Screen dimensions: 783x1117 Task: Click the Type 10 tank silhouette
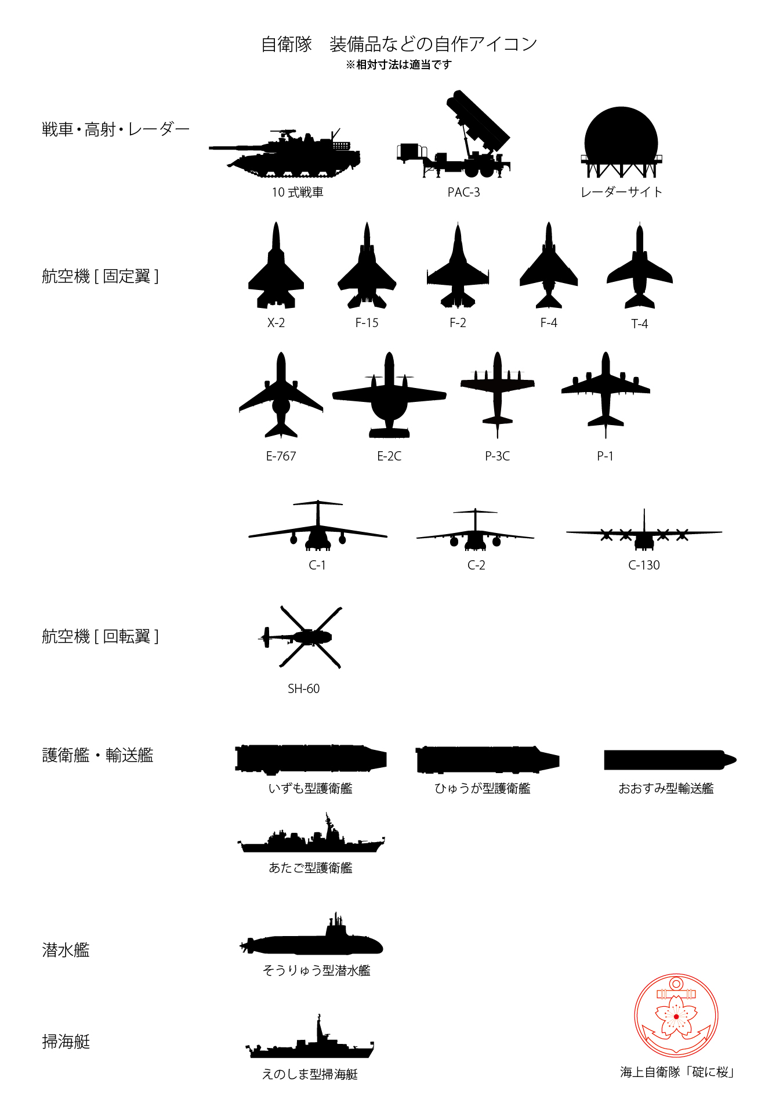pos(284,154)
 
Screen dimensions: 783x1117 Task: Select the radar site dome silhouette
pos(621,142)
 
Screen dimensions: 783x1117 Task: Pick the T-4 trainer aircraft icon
pos(639,270)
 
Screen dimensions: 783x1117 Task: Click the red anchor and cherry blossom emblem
pos(676,1016)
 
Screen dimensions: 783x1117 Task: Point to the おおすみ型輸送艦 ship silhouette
pos(670,760)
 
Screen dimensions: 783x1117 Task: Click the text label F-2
pos(458,323)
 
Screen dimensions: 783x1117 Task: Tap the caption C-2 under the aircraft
pos(476,565)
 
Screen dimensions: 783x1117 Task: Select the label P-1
pos(605,456)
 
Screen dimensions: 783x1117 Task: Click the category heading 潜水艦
pos(66,950)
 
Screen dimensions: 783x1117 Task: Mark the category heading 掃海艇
pos(66,1042)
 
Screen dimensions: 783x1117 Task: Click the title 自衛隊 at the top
pos(287,44)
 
